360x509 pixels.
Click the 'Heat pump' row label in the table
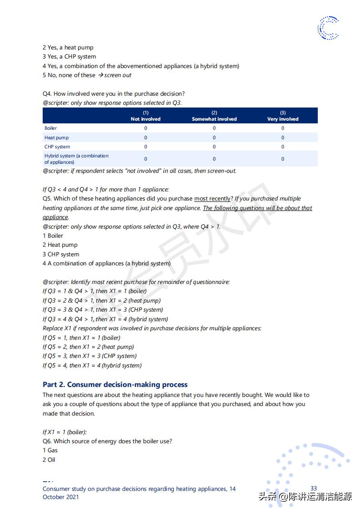click(x=57, y=137)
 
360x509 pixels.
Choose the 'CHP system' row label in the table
click(x=57, y=147)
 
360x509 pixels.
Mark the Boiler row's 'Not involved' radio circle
click(x=146, y=128)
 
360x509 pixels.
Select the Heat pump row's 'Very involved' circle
click(x=283, y=137)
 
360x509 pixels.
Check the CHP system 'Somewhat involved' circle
click(x=214, y=147)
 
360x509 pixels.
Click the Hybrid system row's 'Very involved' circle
click(x=283, y=159)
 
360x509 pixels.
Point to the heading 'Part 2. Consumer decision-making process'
click(x=115, y=385)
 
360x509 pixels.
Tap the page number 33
click(x=314, y=489)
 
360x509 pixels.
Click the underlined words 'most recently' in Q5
click(x=212, y=199)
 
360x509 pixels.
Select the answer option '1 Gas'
click(x=50, y=450)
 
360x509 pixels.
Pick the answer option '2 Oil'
click(x=49, y=460)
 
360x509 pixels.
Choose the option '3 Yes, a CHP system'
click(x=69, y=57)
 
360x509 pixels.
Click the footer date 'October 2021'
click(x=61, y=497)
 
